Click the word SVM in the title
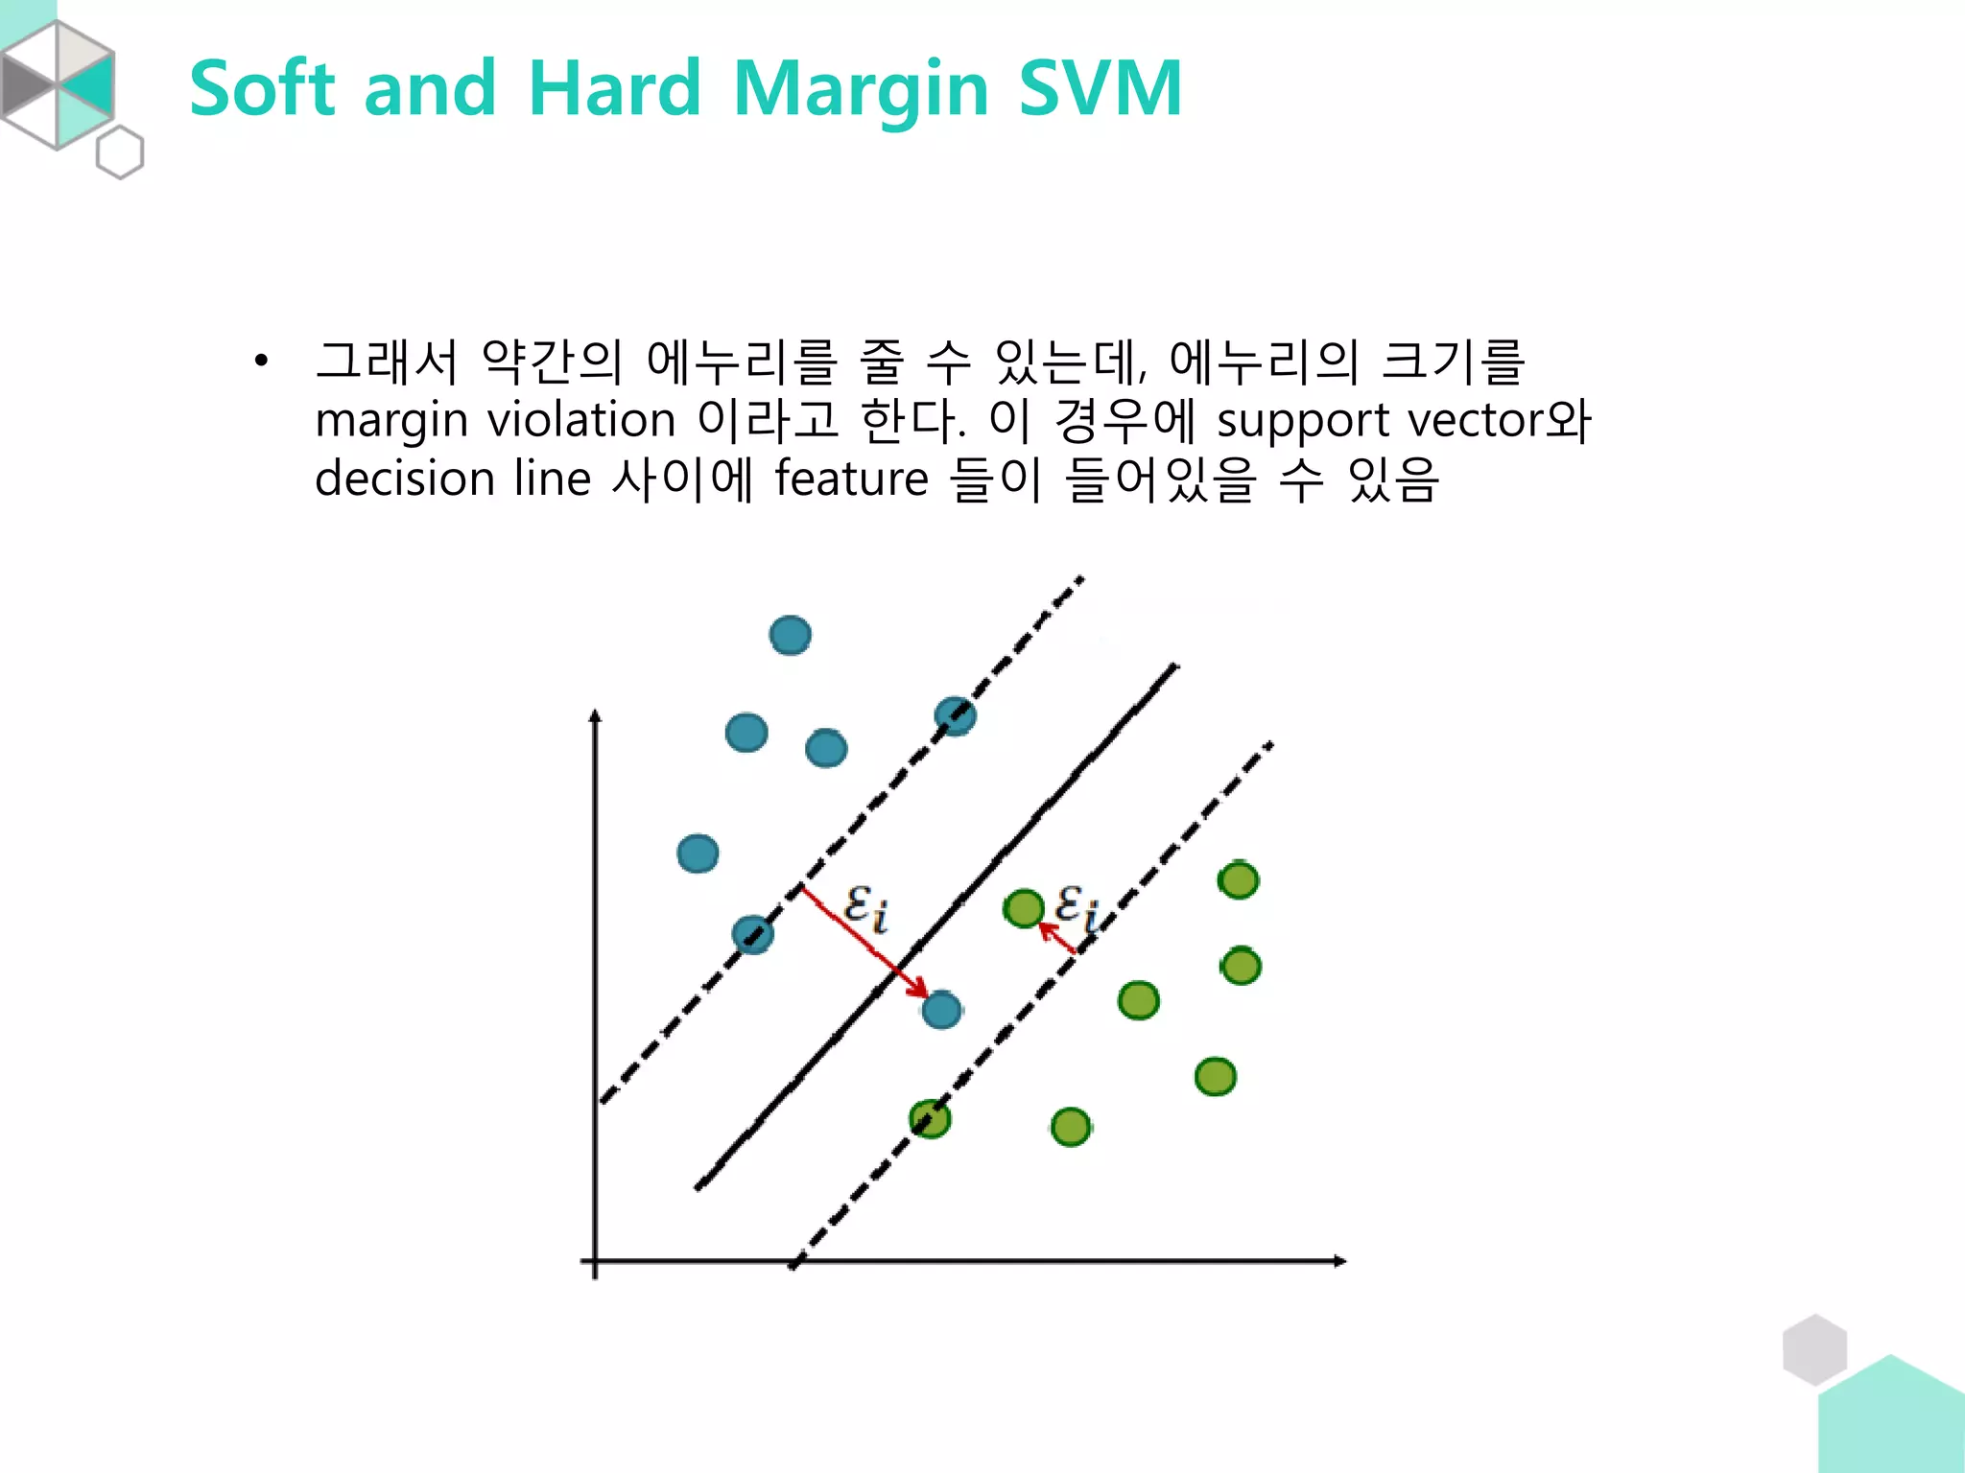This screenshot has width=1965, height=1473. point(1100,88)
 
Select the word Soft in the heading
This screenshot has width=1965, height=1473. point(262,88)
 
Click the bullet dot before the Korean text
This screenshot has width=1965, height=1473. point(260,362)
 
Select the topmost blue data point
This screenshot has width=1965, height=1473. point(791,635)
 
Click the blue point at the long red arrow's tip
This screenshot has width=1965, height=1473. point(941,1010)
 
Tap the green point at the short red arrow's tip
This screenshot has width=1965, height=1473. point(1023,907)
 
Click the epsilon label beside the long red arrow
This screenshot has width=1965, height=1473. point(865,907)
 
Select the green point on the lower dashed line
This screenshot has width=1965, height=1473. point(930,1118)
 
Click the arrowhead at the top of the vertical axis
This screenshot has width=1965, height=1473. point(595,715)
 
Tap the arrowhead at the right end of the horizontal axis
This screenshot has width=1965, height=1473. point(1340,1261)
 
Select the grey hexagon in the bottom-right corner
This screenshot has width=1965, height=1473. point(1814,1349)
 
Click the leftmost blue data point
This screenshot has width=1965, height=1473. point(698,853)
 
